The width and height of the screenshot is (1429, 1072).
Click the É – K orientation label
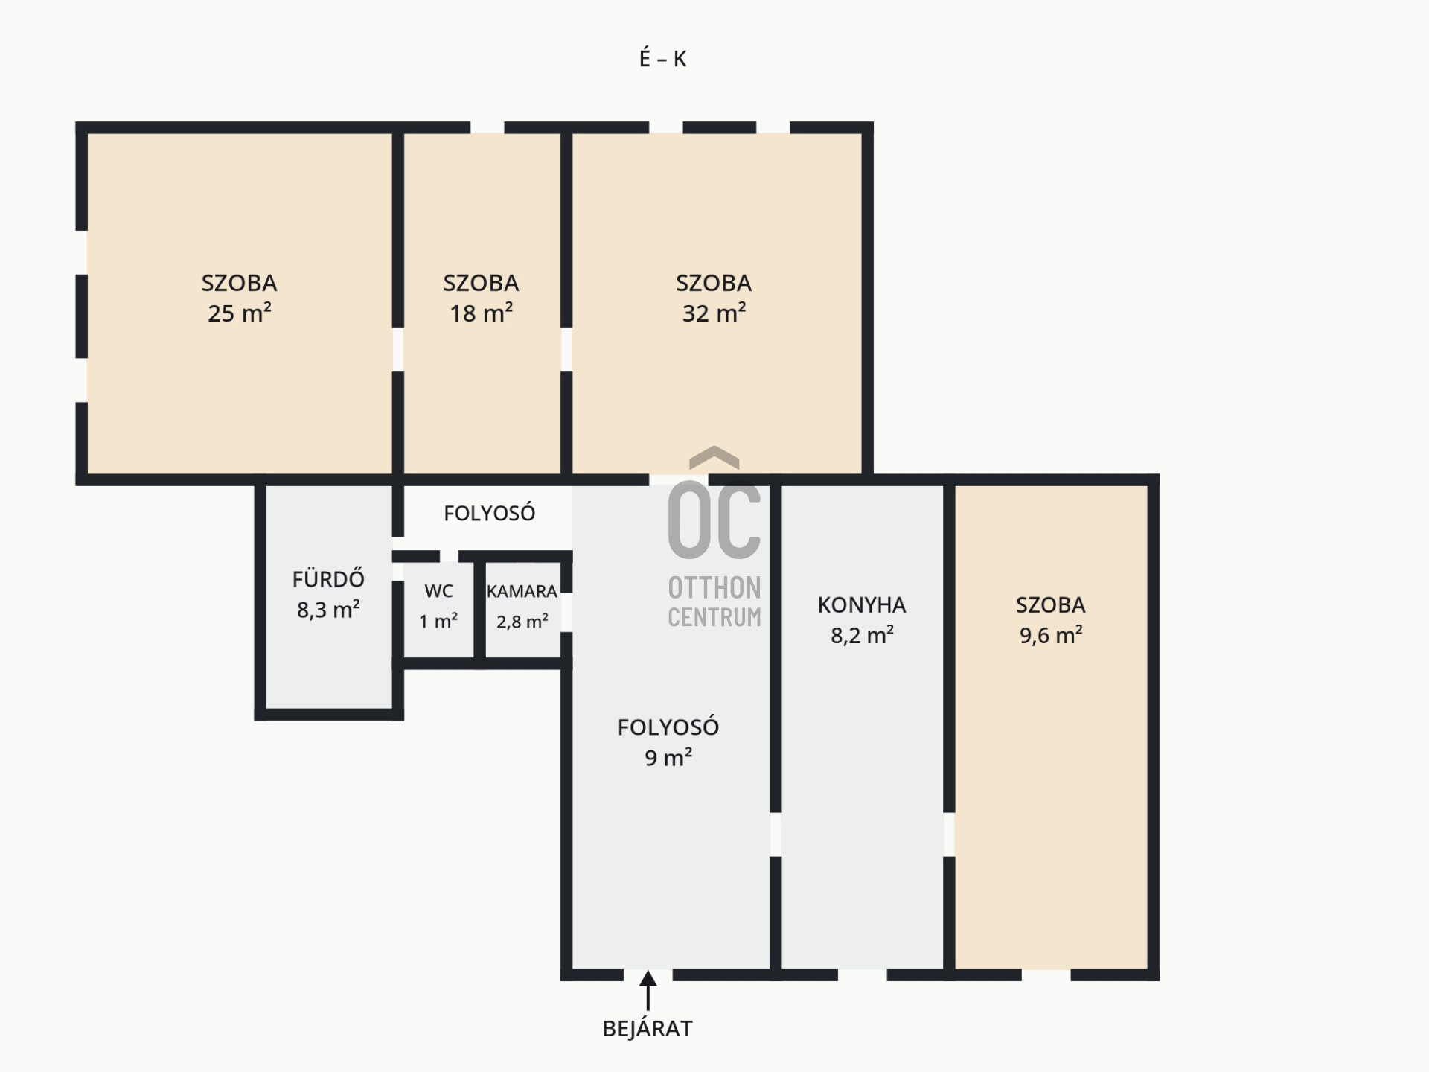coord(662,58)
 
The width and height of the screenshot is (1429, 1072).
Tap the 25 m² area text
coord(239,313)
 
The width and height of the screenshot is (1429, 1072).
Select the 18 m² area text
coord(481,313)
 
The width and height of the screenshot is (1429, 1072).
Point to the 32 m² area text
coord(714,313)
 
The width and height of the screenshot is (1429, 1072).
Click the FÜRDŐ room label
coord(328,578)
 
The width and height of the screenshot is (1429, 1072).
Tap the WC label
coord(438,591)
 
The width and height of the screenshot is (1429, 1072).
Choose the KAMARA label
coord(522,591)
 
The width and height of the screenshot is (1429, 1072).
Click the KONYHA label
coord(862,605)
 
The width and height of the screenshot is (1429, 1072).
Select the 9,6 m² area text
coord(1051,635)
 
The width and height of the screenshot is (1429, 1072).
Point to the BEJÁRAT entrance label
coord(648,1029)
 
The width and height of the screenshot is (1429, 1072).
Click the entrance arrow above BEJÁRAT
coord(648,990)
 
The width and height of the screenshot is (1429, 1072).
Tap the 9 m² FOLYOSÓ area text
coord(668,758)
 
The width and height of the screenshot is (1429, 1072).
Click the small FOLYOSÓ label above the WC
coord(490,513)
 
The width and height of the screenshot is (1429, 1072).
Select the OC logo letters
coord(714,520)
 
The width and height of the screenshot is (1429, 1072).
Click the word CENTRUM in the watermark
coord(714,617)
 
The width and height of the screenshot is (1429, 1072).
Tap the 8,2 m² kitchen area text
coord(862,635)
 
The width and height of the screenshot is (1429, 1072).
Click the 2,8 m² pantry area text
coord(522,621)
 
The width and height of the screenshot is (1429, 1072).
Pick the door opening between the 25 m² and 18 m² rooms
coord(398,349)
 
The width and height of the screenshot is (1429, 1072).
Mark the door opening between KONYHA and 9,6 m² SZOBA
coord(949,834)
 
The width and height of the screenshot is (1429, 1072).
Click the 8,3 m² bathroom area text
coord(328,610)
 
